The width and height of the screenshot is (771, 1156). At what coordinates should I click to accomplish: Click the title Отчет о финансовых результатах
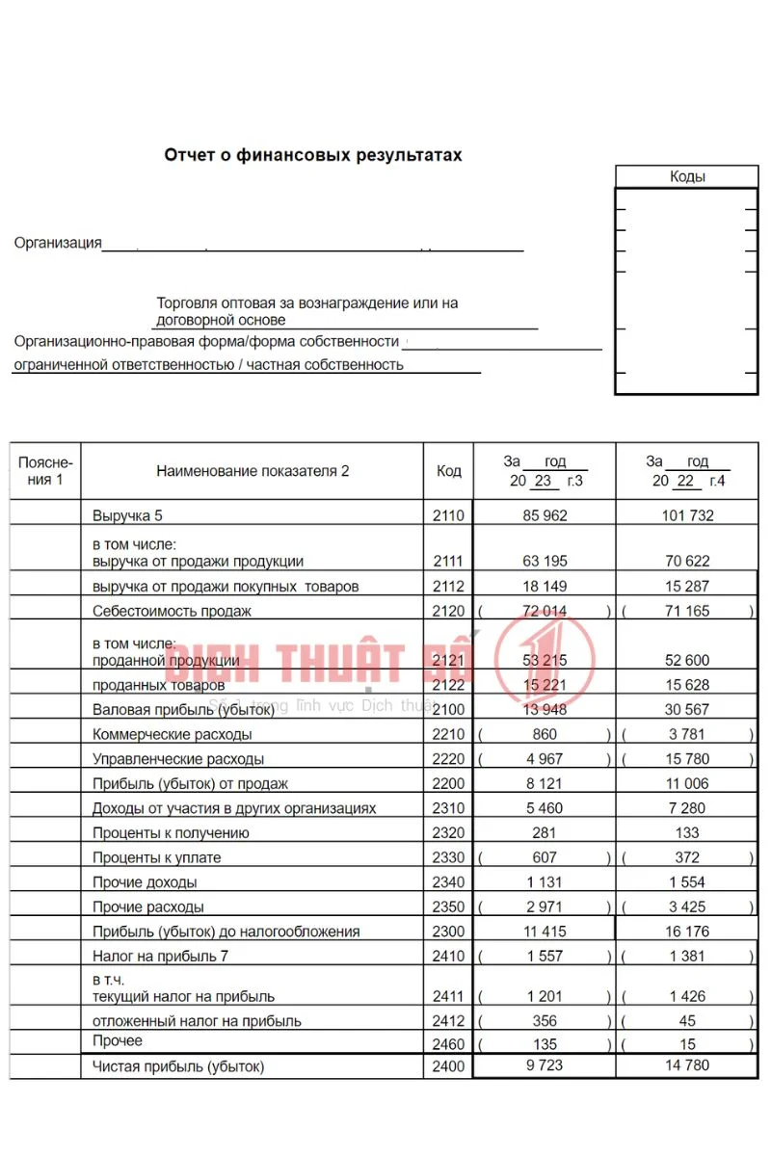pyautogui.click(x=313, y=155)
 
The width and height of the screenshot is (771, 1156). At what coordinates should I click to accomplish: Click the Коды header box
pyautogui.click(x=686, y=176)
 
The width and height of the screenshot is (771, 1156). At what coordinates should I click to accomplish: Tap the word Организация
pyautogui.click(x=58, y=243)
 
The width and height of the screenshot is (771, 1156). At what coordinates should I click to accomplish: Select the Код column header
pyautogui.click(x=448, y=471)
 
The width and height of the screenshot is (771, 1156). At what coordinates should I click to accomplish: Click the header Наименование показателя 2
pyautogui.click(x=253, y=471)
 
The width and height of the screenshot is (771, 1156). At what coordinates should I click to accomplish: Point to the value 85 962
pyautogui.click(x=545, y=515)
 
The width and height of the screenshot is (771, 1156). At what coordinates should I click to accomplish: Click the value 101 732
pyautogui.click(x=687, y=515)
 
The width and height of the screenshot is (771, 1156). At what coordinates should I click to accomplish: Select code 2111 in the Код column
pyautogui.click(x=448, y=562)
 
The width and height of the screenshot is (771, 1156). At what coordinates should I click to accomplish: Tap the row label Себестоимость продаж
pyautogui.click(x=172, y=612)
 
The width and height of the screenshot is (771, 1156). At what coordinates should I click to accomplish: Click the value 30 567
pyautogui.click(x=687, y=709)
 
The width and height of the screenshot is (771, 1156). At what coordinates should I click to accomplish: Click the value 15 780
pyautogui.click(x=687, y=759)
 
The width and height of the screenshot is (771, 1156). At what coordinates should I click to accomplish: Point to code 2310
pyautogui.click(x=448, y=808)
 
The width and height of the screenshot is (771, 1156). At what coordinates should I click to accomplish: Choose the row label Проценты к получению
pyautogui.click(x=171, y=833)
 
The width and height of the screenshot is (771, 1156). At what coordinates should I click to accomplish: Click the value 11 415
pyautogui.click(x=545, y=932)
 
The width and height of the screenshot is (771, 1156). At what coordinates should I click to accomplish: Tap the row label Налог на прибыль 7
pyautogui.click(x=160, y=957)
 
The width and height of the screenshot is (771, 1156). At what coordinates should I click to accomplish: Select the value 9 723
pyautogui.click(x=545, y=1065)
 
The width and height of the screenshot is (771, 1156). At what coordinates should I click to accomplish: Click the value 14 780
pyautogui.click(x=687, y=1065)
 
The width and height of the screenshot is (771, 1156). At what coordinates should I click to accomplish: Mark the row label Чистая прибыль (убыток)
pyautogui.click(x=178, y=1066)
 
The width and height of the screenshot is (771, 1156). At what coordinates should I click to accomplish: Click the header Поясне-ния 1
pyautogui.click(x=45, y=471)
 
